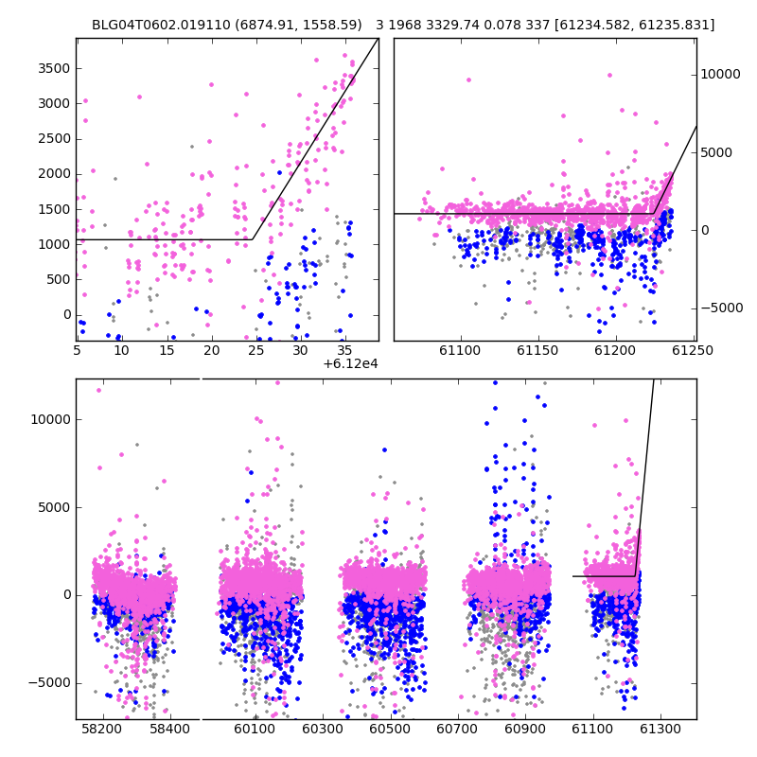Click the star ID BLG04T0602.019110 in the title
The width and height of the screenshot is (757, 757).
point(161,25)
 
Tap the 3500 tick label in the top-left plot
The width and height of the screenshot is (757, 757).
point(54,68)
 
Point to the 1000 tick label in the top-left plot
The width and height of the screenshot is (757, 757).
point(54,244)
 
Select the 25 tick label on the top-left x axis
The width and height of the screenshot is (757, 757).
point(255,350)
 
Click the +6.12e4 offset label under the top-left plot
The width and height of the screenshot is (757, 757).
point(350,364)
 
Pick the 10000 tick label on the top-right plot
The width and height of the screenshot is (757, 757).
point(720,75)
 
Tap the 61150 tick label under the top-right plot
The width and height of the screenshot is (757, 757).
point(537,350)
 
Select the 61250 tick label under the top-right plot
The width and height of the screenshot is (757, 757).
point(693,350)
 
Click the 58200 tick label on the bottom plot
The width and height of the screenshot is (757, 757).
point(102,729)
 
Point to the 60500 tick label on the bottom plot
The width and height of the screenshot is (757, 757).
point(390,729)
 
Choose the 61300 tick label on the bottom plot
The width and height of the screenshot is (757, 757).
point(660,729)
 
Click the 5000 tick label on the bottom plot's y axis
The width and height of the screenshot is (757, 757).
point(54,508)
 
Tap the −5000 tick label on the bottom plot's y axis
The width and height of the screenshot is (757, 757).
point(49,683)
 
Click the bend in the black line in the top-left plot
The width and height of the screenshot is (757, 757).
point(253,239)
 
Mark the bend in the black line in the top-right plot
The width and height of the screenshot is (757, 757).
point(654,214)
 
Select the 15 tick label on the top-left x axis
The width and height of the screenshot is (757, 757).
point(167,350)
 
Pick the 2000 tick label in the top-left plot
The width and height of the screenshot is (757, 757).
point(54,174)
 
